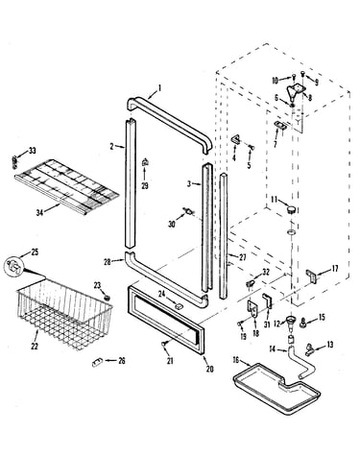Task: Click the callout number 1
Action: click(159, 87)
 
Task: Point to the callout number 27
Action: click(243, 257)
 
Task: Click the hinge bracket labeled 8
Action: click(295, 90)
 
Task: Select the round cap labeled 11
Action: click(291, 210)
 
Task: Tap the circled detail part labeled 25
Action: click(13, 266)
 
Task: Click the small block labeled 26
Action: click(97, 362)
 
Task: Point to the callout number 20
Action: click(209, 369)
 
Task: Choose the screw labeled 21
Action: click(164, 344)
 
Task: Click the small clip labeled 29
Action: click(145, 162)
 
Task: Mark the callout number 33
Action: click(33, 151)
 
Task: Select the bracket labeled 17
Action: click(313, 276)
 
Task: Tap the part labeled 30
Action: click(189, 210)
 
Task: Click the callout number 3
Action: click(189, 183)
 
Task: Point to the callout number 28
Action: click(108, 261)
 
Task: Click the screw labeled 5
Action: click(252, 148)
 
